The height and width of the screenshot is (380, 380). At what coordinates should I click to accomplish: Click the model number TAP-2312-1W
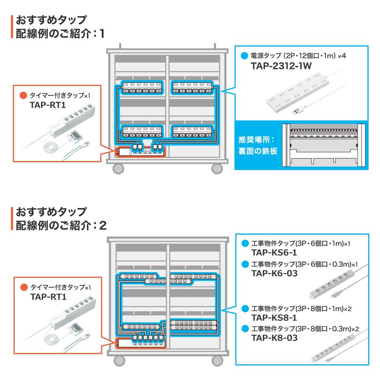(x=281, y=66)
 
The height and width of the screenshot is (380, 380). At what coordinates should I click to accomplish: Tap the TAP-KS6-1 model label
(x=274, y=253)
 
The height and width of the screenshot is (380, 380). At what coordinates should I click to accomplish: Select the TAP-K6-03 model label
(x=274, y=273)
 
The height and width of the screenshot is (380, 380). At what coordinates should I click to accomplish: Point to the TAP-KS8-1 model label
(x=274, y=318)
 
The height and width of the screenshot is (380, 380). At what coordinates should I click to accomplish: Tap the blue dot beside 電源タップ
(x=244, y=56)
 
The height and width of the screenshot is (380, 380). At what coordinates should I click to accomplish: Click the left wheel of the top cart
(x=118, y=168)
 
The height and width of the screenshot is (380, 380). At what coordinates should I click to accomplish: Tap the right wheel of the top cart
(x=217, y=168)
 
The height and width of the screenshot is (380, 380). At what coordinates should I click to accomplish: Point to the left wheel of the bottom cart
(x=118, y=360)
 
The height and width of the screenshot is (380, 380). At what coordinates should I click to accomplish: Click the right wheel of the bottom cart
(x=217, y=360)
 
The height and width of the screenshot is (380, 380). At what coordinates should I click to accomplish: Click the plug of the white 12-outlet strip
(x=296, y=111)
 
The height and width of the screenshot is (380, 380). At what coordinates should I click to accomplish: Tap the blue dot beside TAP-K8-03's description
(x=244, y=329)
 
